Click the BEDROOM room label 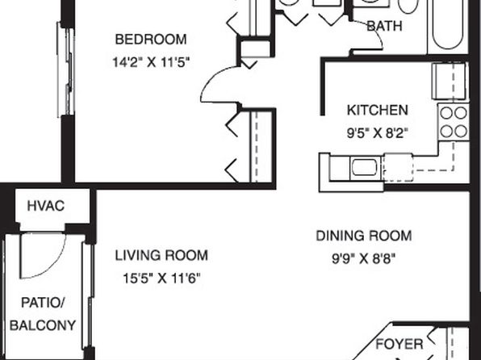point(151,40)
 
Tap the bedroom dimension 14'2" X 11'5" point(151,62)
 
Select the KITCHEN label point(378,110)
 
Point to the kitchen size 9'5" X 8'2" point(378,133)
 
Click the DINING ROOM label point(364,236)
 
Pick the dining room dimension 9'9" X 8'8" point(364,259)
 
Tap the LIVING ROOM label point(161,255)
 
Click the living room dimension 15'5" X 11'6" point(161,278)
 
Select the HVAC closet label point(46,206)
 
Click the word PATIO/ point(43,303)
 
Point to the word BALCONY point(43,325)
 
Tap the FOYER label point(399,344)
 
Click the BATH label point(384,26)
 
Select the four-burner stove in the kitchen point(454,122)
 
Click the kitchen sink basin point(364,167)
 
